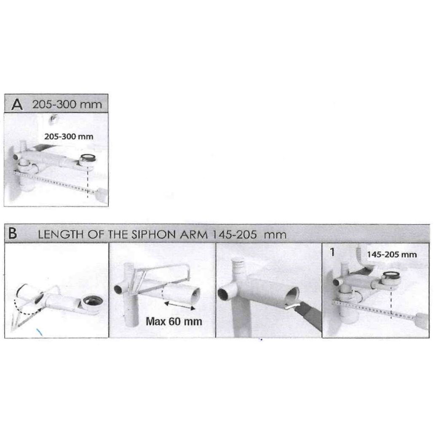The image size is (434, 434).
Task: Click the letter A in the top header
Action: click(x=17, y=104)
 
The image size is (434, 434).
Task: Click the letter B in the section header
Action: click(x=13, y=233)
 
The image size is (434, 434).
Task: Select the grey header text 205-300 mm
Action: click(x=67, y=104)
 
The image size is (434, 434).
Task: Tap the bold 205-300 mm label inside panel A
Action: click(x=69, y=137)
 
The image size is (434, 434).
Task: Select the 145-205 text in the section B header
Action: click(x=234, y=235)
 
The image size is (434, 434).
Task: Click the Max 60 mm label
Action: click(x=174, y=321)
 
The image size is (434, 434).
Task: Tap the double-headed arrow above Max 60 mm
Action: click(x=179, y=305)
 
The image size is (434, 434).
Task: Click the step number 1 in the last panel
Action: click(x=332, y=252)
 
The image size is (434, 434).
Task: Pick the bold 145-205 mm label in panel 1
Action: click(x=391, y=255)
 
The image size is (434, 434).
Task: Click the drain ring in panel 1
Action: click(x=391, y=276)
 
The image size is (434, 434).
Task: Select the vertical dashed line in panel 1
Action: click(x=391, y=302)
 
